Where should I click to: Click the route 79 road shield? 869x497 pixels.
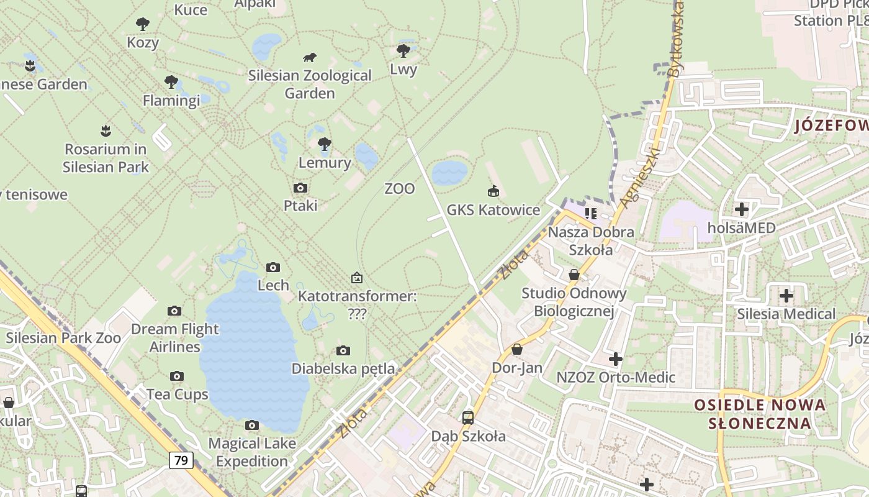click(x=181, y=460)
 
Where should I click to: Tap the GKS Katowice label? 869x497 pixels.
click(x=493, y=210)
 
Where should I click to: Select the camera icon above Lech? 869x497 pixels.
click(x=273, y=268)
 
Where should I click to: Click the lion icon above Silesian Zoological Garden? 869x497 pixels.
click(x=310, y=58)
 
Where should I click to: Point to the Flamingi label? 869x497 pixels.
click(x=171, y=100)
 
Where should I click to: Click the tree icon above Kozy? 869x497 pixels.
click(x=143, y=25)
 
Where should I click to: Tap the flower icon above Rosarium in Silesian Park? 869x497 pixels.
click(x=106, y=131)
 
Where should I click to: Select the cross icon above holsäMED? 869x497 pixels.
click(x=741, y=209)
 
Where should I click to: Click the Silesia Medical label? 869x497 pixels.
click(x=786, y=314)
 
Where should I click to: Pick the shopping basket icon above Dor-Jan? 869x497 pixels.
click(x=517, y=350)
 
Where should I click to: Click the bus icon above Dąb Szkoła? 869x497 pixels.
click(x=468, y=417)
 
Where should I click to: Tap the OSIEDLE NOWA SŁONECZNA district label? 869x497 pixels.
click(x=760, y=414)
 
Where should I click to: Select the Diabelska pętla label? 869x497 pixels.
click(x=343, y=368)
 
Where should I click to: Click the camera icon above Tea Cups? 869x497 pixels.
click(x=177, y=376)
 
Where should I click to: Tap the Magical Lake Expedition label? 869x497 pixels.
click(x=252, y=452)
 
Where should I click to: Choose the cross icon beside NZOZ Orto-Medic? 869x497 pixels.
click(x=616, y=359)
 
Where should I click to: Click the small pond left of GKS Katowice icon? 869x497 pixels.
click(x=449, y=173)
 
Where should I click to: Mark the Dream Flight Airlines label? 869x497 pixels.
click(x=175, y=337)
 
